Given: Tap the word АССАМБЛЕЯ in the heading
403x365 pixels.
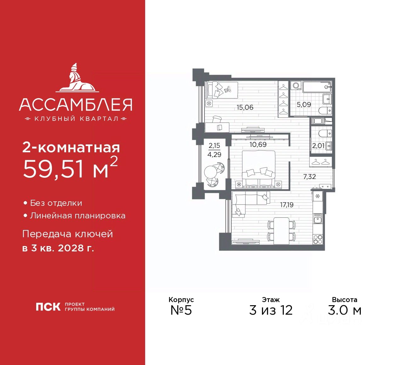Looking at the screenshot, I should (76, 105).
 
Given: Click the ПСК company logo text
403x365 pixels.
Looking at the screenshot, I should (48, 307).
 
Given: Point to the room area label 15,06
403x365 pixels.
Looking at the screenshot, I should (245, 107).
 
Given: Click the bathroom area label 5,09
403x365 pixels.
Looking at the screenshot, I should (304, 104).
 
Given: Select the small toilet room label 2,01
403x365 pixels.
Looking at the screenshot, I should (318, 146).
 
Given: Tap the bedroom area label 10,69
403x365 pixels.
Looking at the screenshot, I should (258, 144).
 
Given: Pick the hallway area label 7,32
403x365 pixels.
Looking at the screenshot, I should (309, 177).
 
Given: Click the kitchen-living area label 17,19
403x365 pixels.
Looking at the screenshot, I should (287, 205).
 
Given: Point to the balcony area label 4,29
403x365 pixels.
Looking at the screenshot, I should (214, 154).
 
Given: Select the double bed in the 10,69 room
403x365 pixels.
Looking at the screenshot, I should (258, 168).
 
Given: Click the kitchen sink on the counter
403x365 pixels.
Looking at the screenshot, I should (317, 219).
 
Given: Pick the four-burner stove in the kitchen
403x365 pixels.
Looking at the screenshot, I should (317, 239).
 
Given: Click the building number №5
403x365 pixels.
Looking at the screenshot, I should (181, 310).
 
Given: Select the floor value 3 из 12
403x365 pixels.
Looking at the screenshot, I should (271, 310).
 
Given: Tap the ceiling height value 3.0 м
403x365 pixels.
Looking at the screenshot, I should (344, 310).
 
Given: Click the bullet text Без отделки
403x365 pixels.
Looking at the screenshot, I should (56, 203).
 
